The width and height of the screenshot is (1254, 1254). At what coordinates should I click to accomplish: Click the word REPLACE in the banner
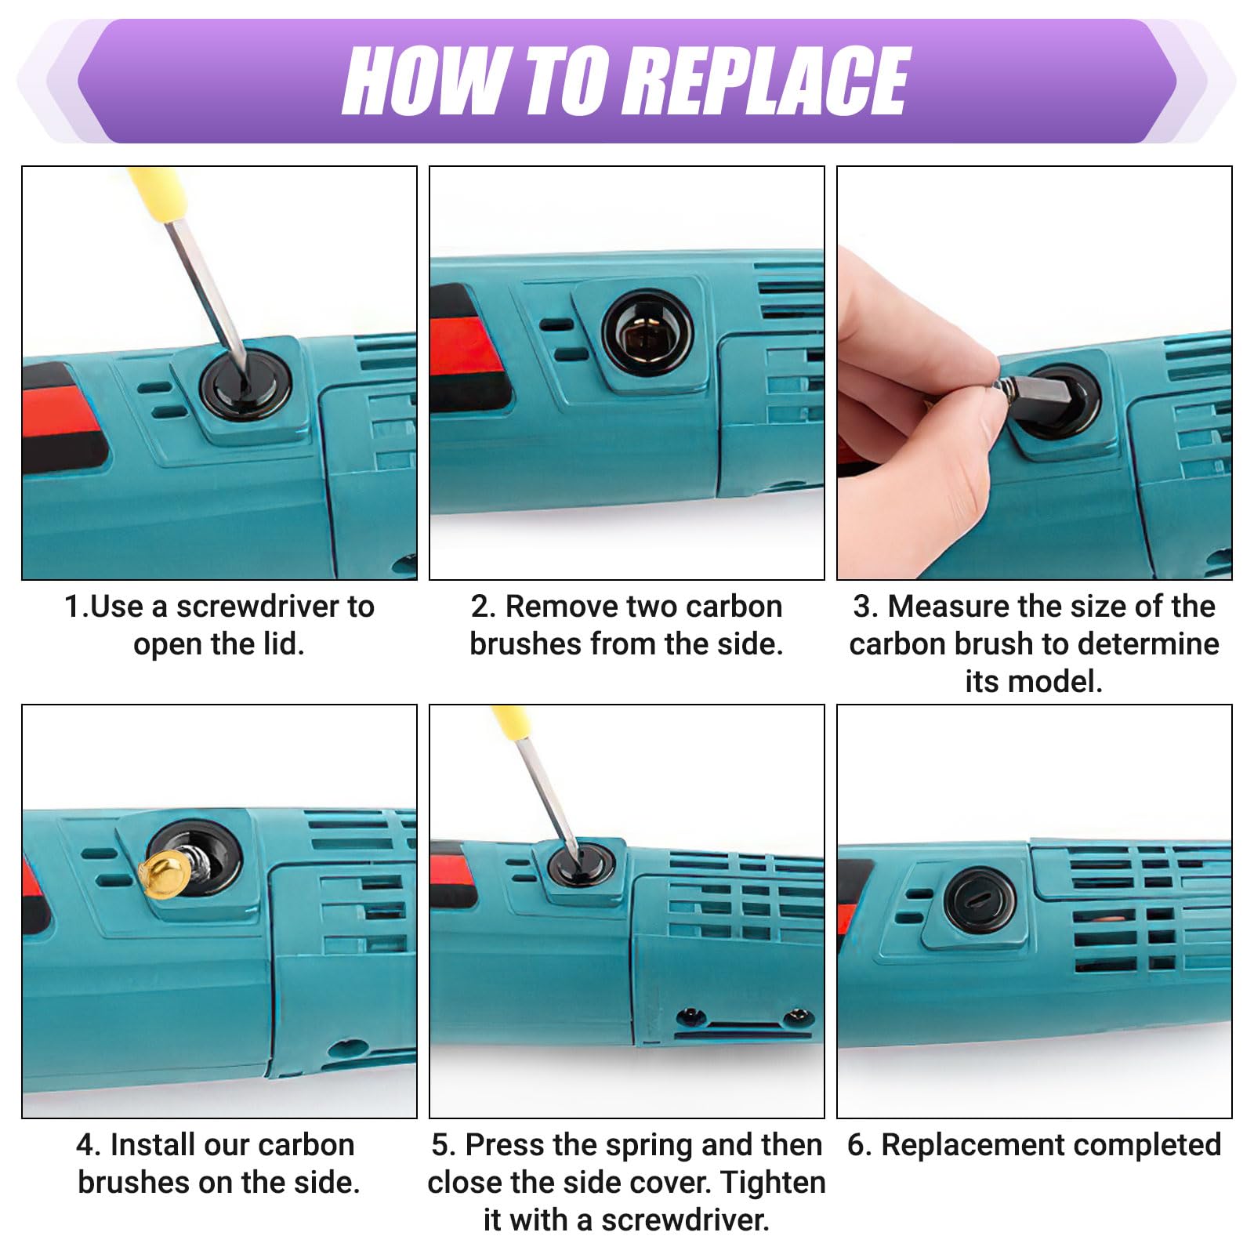point(771,80)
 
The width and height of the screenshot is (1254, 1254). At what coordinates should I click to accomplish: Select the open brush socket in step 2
point(647,332)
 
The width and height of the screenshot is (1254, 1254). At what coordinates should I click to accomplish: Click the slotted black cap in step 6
point(980,901)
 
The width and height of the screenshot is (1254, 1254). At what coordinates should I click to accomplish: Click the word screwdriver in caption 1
point(259,607)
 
